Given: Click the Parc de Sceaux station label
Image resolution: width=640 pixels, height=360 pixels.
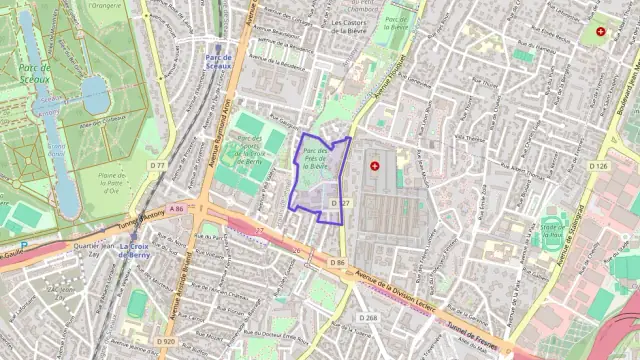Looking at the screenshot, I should (218, 62).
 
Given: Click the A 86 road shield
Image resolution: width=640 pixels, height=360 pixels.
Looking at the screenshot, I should (177, 208).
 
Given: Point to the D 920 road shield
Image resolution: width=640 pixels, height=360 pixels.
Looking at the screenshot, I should (166, 341).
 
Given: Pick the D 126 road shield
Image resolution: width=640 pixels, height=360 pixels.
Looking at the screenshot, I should (598, 166).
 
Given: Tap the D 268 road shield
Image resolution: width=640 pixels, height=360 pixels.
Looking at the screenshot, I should (368, 318).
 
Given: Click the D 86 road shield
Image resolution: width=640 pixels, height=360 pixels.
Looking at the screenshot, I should (337, 262).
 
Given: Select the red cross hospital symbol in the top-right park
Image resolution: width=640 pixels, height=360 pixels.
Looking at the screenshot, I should (600, 32).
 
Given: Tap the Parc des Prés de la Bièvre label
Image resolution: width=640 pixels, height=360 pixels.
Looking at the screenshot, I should (314, 160).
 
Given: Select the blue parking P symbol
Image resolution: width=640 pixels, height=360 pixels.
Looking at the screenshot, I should (23, 244).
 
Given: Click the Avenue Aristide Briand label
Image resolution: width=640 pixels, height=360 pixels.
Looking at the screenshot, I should (186, 290).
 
